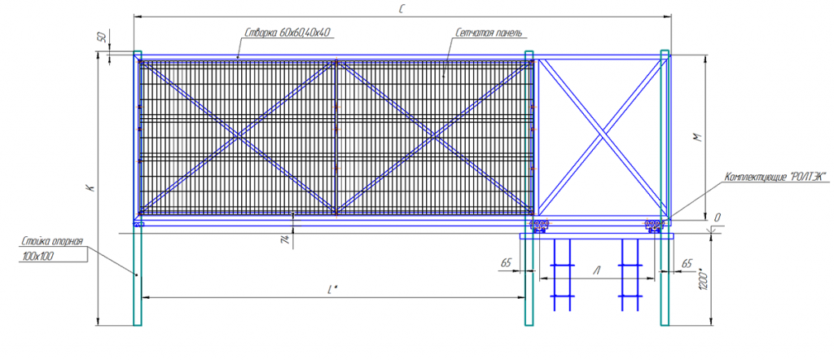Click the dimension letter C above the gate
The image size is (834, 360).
point(402,8)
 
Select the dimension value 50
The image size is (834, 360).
point(102,38)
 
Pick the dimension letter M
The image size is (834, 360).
point(697,138)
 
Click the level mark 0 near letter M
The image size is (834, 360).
point(718,217)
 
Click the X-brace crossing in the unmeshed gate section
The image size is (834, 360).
point(601,136)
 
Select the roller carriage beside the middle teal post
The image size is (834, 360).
point(539,226)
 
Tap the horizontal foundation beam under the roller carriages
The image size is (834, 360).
point(598,235)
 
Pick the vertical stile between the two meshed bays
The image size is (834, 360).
point(336,136)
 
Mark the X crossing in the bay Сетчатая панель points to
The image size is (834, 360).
point(434,136)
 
